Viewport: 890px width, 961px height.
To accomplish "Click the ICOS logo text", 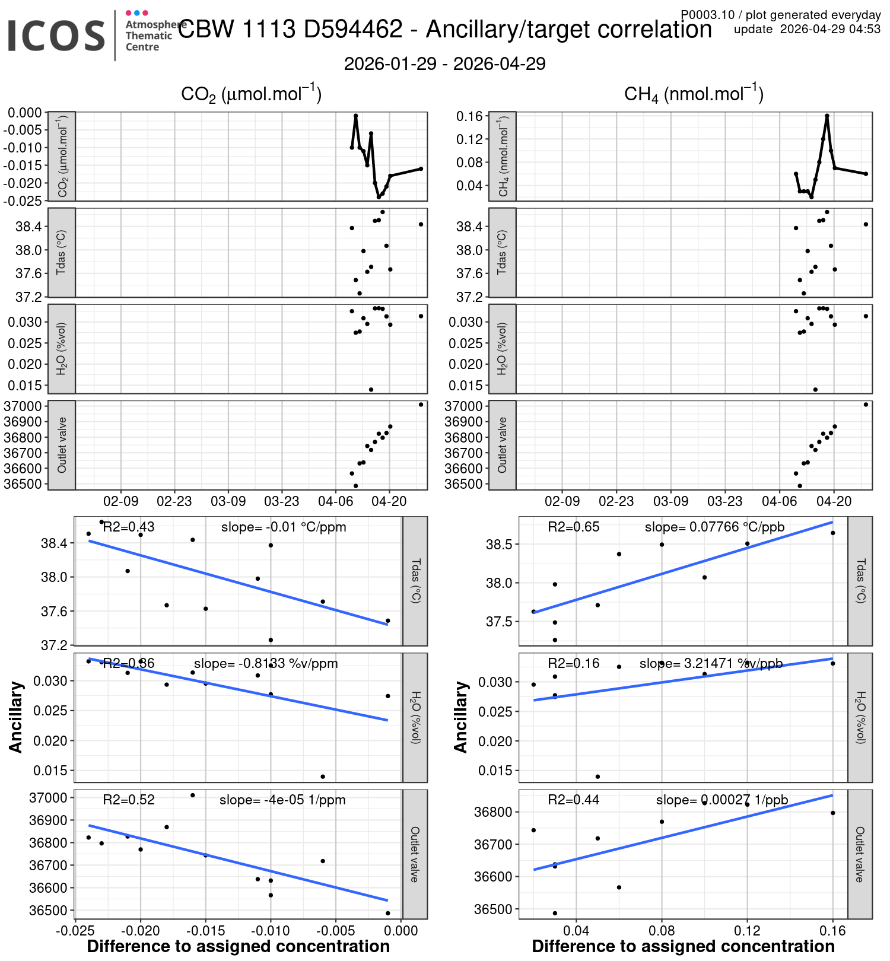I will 56,36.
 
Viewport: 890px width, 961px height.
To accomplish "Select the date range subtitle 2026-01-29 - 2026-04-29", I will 444,64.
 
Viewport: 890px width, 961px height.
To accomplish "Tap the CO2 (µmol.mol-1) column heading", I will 251,94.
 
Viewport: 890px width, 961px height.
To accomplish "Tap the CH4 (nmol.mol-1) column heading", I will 693,94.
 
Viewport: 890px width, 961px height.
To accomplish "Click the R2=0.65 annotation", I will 573,527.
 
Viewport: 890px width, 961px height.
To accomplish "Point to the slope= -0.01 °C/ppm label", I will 284,527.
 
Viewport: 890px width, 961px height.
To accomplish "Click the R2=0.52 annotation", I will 129,800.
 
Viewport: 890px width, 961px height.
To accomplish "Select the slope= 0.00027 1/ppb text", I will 721,800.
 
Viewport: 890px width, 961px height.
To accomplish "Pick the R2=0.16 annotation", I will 573,663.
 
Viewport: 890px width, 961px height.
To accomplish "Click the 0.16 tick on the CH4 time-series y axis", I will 469,116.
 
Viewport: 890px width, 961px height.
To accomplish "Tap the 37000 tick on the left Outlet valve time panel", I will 23,406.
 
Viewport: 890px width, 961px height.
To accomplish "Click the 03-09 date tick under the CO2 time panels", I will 228,501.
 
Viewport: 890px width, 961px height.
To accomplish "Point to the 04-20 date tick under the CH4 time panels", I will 834,501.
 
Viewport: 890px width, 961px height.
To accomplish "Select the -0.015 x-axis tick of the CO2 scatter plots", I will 206,930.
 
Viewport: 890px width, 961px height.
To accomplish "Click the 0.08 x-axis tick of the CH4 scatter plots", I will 662,930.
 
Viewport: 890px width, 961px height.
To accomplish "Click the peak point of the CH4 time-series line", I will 827,116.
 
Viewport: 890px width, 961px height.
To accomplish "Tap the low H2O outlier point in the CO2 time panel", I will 371,390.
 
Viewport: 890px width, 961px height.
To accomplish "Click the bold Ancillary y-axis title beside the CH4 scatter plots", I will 461,717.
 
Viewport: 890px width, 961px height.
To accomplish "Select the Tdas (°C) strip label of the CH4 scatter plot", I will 860,581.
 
